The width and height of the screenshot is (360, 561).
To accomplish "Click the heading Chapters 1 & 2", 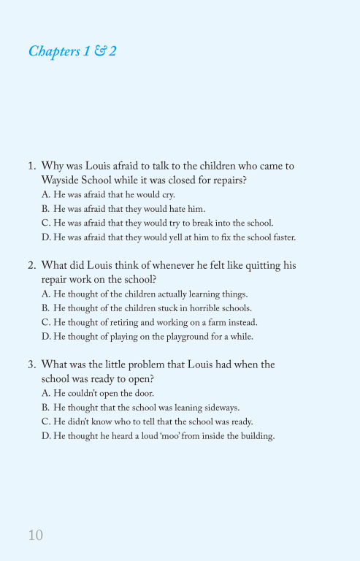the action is pyautogui.click(x=72, y=51).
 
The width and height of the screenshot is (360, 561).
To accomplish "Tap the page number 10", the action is pyautogui.click(x=36, y=535).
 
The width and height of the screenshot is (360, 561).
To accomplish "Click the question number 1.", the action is pyautogui.click(x=31, y=166).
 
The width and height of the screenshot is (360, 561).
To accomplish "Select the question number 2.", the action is pyautogui.click(x=31, y=265).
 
